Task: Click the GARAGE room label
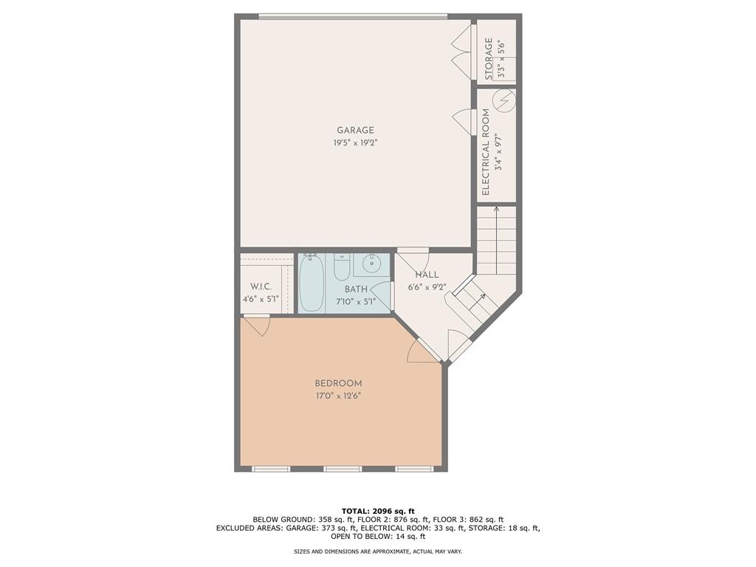(356, 131)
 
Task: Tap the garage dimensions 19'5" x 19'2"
(356, 143)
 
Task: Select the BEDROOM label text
(338, 383)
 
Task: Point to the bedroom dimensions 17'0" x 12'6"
(338, 396)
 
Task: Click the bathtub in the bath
(311, 283)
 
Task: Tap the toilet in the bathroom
(342, 267)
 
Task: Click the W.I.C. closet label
(261, 286)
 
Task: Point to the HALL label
(427, 275)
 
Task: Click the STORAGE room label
(489, 58)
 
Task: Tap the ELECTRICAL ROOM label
(486, 152)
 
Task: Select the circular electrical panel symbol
(504, 100)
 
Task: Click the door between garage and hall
(414, 259)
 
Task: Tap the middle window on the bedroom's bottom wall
(343, 469)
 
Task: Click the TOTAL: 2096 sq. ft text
(378, 511)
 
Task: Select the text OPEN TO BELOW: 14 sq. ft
(378, 537)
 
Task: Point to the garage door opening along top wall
(353, 16)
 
